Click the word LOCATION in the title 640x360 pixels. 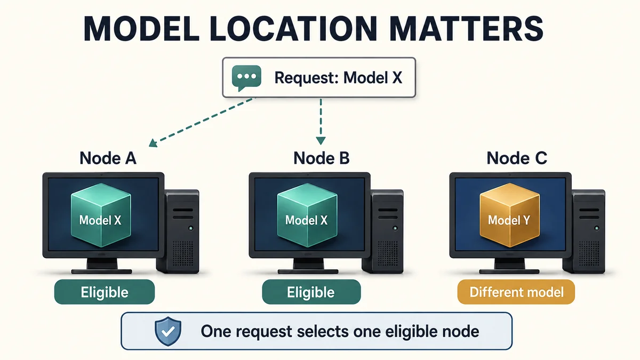(x=294, y=29)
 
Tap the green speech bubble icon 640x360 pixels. (x=246, y=78)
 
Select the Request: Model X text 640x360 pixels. (x=338, y=78)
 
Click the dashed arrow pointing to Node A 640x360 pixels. (x=202, y=122)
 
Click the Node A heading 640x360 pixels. (x=108, y=158)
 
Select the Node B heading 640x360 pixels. (x=322, y=158)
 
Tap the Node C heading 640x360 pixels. (x=517, y=158)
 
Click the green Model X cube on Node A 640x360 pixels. (x=101, y=215)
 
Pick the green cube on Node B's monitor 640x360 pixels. (x=307, y=215)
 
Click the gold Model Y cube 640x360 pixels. (x=510, y=215)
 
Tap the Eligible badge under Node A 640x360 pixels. (x=105, y=292)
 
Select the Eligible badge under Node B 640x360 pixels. (x=311, y=292)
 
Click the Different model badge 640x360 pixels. (x=516, y=292)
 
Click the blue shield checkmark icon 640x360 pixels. (x=168, y=331)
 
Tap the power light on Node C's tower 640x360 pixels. (x=597, y=228)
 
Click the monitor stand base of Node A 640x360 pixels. (x=102, y=271)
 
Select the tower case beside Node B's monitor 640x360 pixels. (x=383, y=231)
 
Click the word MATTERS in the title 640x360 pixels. (x=466, y=29)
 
